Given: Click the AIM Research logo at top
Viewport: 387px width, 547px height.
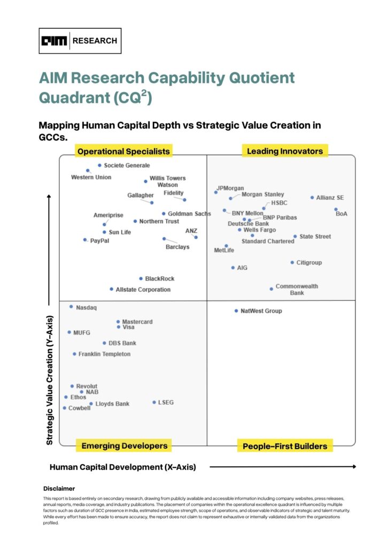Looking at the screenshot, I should point(80,41).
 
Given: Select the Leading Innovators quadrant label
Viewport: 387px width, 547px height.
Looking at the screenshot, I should point(284,151).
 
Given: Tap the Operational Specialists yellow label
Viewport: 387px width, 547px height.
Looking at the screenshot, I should point(123,151).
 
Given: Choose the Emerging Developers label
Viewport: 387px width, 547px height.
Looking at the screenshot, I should point(123,446).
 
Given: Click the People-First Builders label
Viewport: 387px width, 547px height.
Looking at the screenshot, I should point(284,446).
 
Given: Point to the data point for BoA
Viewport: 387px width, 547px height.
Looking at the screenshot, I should point(336,209).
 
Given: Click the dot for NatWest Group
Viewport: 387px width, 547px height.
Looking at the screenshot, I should point(236,311).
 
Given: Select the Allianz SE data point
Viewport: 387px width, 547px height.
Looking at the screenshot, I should point(312,198).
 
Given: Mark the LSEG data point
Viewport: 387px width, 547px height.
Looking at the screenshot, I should point(154,402).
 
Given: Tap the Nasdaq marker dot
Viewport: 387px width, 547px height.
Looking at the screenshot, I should point(71,307).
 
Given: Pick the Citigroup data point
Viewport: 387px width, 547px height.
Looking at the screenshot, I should point(292,262).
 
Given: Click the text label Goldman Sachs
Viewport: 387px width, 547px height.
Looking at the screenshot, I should point(189,214).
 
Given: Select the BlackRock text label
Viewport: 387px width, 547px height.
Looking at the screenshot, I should point(159,279).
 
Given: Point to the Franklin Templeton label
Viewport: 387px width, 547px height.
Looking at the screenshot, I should point(104,354).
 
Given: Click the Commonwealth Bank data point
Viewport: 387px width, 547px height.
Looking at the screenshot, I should point(271,289).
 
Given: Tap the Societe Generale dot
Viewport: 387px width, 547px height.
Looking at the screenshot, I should point(99,166).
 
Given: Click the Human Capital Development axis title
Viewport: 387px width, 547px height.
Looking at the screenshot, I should point(123,467).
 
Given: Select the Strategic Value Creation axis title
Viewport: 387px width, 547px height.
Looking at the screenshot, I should point(50,379).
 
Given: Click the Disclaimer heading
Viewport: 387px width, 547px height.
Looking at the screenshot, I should point(59,488).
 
